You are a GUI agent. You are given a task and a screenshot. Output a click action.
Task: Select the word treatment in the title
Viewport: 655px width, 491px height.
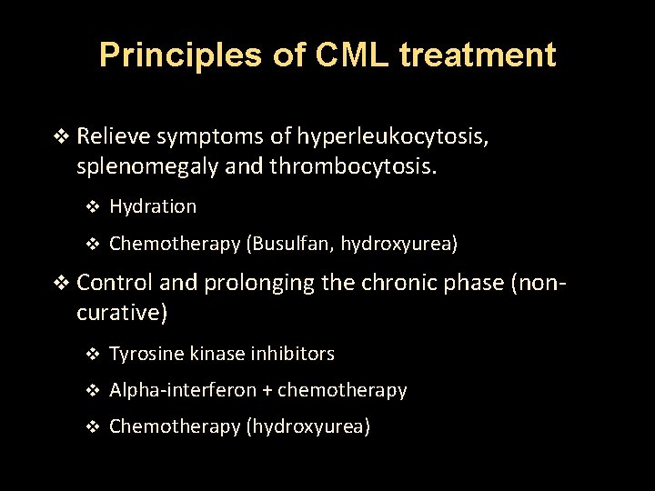coord(481,55)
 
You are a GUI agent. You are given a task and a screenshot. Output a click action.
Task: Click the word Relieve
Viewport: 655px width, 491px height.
coord(114,137)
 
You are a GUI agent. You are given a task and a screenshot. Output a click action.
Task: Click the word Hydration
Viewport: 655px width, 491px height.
coord(152,206)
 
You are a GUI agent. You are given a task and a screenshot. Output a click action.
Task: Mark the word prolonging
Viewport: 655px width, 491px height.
coord(260,283)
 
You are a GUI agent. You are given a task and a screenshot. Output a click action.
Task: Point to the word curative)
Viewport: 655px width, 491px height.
coord(122,314)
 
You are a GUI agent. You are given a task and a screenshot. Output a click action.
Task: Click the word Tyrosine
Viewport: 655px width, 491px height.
coord(146,354)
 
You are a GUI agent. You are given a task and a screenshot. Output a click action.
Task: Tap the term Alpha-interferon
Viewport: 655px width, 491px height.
coord(183,390)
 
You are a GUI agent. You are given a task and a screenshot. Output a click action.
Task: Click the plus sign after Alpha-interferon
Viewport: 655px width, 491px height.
coord(267,391)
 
